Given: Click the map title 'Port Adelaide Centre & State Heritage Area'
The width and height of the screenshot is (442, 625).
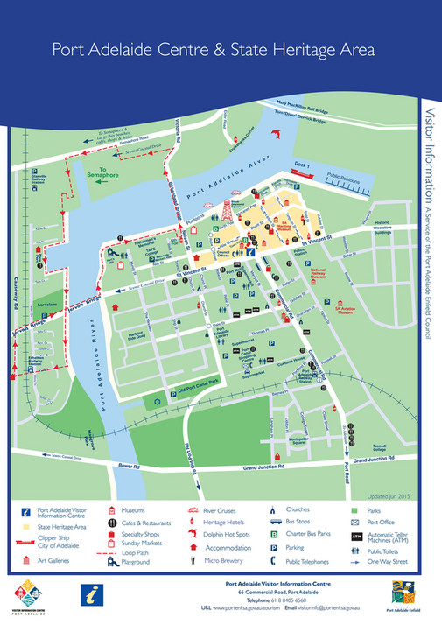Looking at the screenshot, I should tap(214, 50).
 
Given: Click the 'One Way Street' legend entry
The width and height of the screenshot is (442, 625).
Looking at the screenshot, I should tap(396, 561).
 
